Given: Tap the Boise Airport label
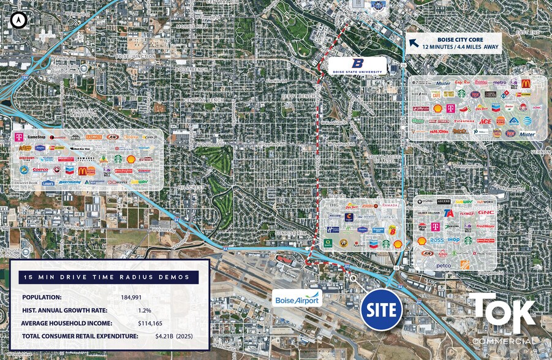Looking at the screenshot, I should [x=297, y=299].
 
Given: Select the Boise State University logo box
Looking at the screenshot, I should [x=357, y=66].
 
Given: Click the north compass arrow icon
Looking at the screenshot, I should [x=20, y=20].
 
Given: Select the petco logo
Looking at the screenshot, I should [x=444, y=265].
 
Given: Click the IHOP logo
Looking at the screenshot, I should [x=453, y=240].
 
